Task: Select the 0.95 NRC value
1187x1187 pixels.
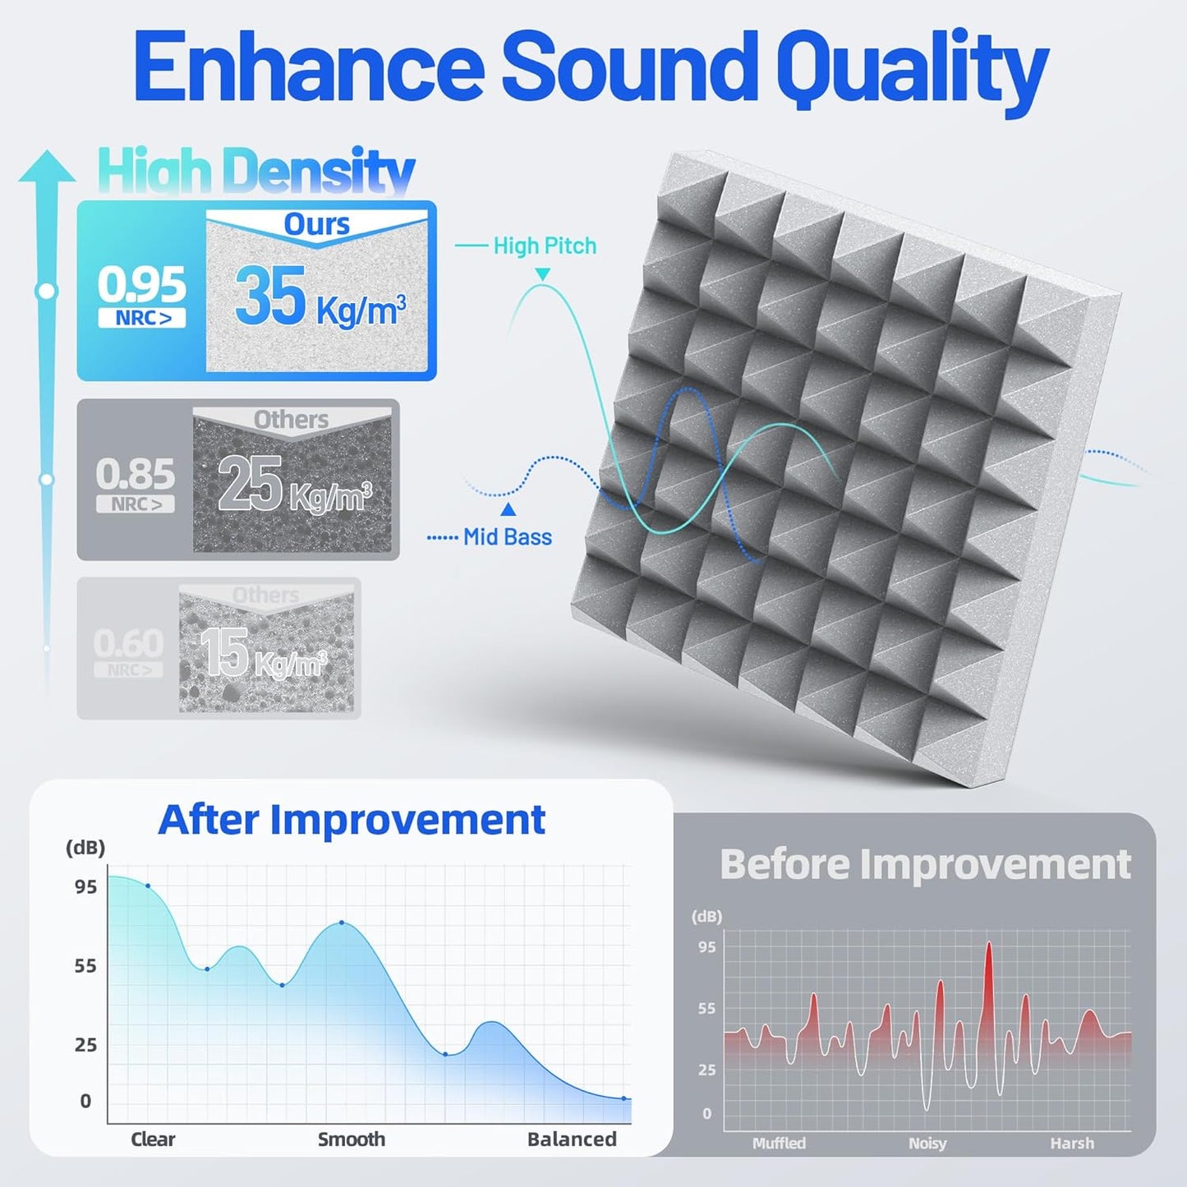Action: click(142, 286)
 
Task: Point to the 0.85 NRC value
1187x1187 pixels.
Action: click(136, 474)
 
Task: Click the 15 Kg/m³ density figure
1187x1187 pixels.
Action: click(263, 655)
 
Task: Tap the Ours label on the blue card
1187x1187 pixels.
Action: click(316, 224)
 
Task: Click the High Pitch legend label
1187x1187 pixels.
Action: click(545, 246)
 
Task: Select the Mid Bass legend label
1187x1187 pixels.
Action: click(507, 537)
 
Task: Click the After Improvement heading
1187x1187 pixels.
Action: click(352, 820)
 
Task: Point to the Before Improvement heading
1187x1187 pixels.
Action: click(925, 864)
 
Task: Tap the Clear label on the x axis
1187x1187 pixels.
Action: click(153, 1139)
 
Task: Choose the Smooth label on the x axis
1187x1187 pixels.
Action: click(352, 1139)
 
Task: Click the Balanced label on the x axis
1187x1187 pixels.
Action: click(572, 1139)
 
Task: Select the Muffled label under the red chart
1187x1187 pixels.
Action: click(779, 1143)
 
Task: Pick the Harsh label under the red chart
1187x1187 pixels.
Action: click(1072, 1143)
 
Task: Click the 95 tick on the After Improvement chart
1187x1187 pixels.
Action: click(85, 887)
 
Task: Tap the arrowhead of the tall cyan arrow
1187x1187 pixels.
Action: click(47, 167)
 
